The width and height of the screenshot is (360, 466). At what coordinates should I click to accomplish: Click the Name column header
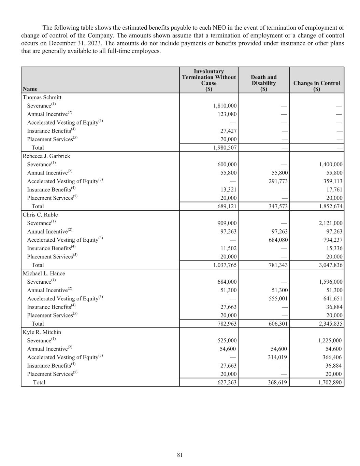(30, 89)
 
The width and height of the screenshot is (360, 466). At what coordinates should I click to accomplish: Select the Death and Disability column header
(263, 83)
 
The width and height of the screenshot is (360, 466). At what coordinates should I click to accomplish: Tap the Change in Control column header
(316, 83)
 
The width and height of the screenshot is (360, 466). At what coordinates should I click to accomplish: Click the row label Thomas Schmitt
(42, 97)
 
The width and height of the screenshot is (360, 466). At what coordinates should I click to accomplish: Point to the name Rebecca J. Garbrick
(46, 156)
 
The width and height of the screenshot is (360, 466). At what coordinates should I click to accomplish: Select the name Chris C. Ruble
(40, 215)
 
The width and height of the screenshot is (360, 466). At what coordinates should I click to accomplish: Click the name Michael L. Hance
(44, 273)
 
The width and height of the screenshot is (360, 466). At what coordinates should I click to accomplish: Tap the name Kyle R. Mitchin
(42, 332)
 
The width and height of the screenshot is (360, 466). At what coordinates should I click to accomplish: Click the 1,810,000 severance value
(225, 106)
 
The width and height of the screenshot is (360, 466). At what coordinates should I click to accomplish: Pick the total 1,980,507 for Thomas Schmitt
(225, 147)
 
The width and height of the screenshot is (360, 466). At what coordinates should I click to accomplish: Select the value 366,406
(332, 357)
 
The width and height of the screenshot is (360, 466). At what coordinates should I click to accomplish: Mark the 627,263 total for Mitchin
(227, 382)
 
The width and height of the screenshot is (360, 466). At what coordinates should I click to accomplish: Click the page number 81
(180, 455)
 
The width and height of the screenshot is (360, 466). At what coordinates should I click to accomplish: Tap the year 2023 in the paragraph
(89, 43)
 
